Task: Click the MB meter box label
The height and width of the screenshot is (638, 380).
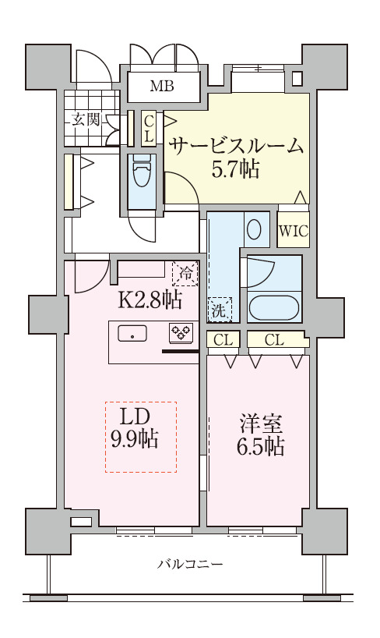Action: click(162, 87)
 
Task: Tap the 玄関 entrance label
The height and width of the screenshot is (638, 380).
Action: click(86, 119)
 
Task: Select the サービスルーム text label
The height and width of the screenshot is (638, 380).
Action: click(236, 146)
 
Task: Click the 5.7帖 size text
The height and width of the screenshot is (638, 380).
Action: click(236, 169)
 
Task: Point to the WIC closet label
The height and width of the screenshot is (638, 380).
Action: click(293, 231)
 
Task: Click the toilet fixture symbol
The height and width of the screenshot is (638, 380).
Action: click(142, 173)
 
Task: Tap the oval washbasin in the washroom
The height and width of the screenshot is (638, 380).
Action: click(254, 229)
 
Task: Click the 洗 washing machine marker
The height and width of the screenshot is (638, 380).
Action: click(219, 310)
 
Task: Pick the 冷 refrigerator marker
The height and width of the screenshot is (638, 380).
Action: click(186, 273)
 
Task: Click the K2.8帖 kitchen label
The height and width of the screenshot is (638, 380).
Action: click(150, 299)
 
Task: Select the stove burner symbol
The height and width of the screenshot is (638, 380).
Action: click(181, 333)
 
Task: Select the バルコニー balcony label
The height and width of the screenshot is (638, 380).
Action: click(190, 563)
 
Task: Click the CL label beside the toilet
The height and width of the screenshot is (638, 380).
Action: click(149, 127)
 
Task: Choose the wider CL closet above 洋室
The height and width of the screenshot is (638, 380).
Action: click(273, 339)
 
